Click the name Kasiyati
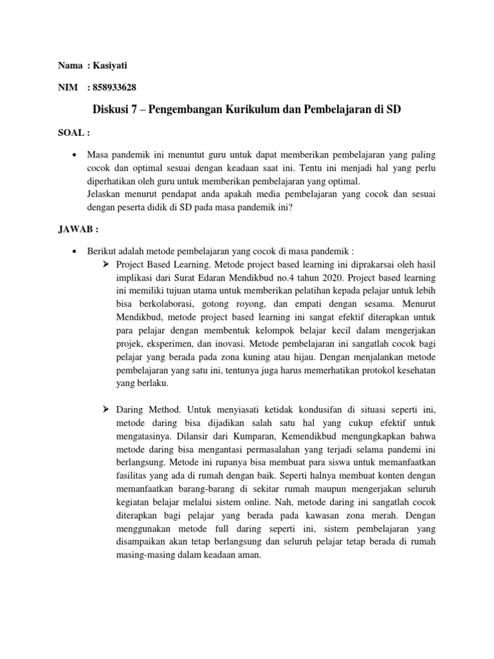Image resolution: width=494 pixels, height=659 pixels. (119, 65)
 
